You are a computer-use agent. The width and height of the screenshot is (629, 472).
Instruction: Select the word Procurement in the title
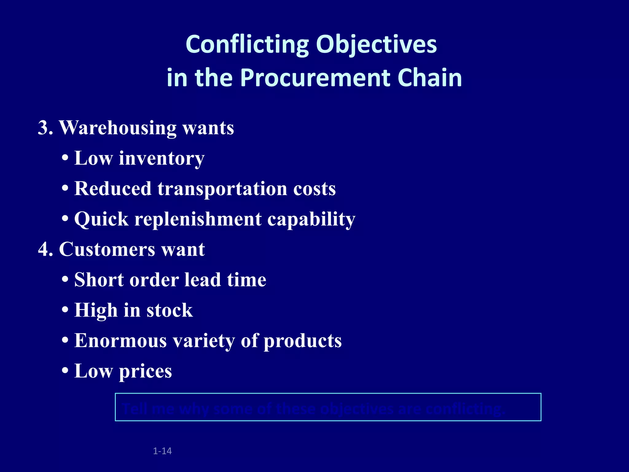point(315,78)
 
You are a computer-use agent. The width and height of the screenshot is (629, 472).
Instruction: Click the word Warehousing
point(117,128)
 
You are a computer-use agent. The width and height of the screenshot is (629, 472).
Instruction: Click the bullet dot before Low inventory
point(65,159)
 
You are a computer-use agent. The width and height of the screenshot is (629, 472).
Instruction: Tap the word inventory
point(162,159)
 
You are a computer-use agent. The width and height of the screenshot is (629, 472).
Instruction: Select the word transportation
point(222,189)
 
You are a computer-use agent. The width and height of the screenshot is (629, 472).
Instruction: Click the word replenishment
point(198,219)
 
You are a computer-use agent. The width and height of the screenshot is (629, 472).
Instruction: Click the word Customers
point(107,249)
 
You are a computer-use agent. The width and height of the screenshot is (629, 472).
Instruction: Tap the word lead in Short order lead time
point(202,280)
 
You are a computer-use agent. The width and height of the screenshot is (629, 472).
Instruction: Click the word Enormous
point(120,341)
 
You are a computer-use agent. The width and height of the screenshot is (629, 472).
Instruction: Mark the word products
point(303,341)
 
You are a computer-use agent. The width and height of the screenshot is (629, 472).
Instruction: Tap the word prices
point(145,371)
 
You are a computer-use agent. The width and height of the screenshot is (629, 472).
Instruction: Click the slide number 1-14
point(162,451)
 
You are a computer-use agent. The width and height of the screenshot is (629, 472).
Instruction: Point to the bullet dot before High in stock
point(65,310)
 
